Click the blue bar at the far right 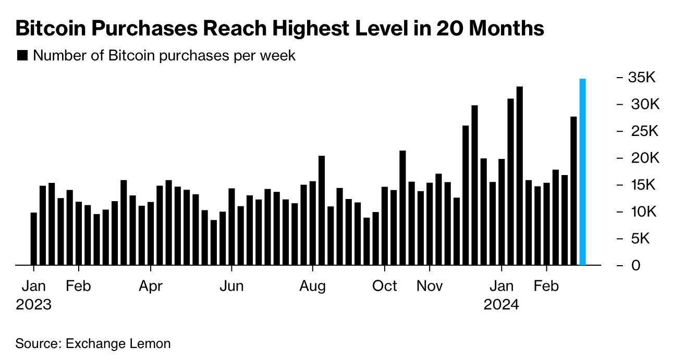click(583, 172)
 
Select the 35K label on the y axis click(642, 78)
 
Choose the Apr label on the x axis click(151, 286)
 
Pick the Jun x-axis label click(231, 286)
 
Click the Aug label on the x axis click(313, 286)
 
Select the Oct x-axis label click(385, 286)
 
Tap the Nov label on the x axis click(430, 286)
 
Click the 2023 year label click(34, 305)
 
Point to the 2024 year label click(501, 305)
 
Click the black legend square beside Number click(22, 56)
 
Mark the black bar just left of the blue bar click(573, 191)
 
